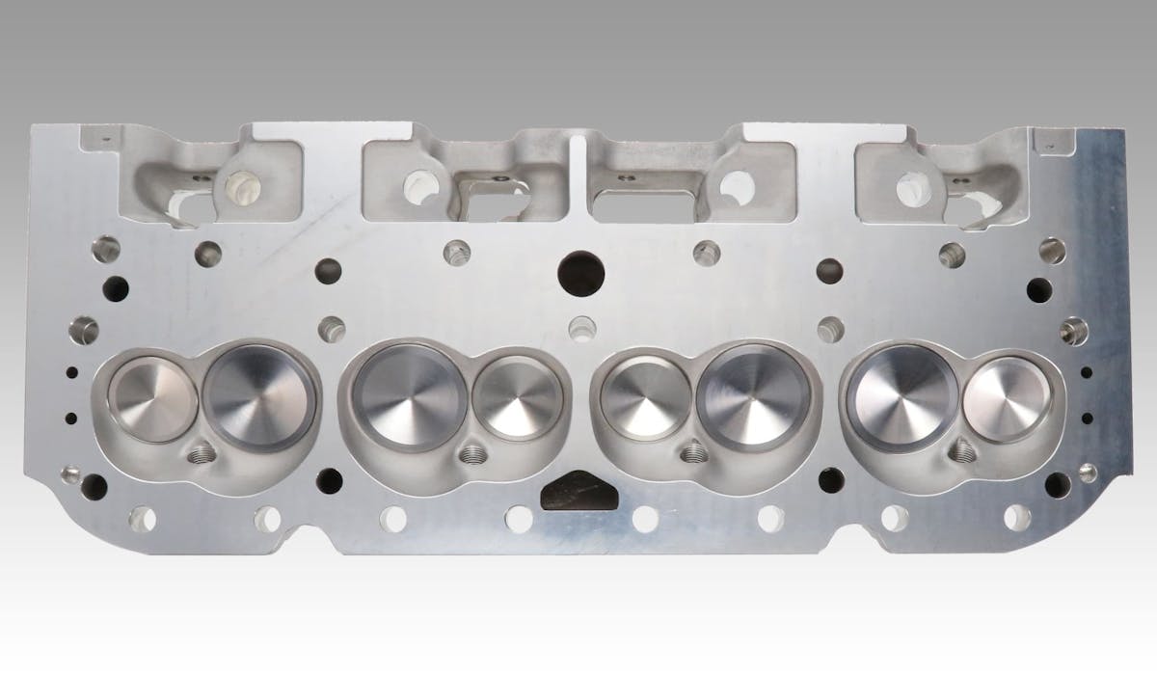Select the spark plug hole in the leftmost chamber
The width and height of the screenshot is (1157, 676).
(x=203, y=452)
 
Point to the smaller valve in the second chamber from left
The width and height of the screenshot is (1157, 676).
(x=518, y=397)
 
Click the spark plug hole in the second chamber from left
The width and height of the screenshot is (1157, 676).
(x=471, y=452)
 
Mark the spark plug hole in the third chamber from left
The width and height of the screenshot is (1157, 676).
(x=691, y=451)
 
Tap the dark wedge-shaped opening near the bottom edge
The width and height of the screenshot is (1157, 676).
(x=578, y=494)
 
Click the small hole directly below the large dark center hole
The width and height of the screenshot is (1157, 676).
(x=578, y=327)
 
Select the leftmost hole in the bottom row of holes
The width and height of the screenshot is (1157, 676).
(x=143, y=518)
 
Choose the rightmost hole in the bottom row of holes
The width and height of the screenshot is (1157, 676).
(x=1017, y=518)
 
